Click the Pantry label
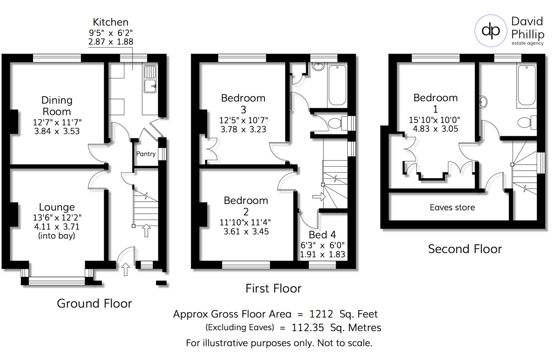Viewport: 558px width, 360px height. (x=146, y=154)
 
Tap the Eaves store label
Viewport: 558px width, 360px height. (x=452, y=208)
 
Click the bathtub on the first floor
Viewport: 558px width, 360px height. (x=337, y=85)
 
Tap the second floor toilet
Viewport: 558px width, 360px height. (x=526, y=122)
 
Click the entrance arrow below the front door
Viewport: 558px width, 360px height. (x=125, y=269)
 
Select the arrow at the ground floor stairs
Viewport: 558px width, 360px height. (x=146, y=230)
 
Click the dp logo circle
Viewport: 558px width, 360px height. (x=491, y=31)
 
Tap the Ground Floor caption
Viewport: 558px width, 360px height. (x=94, y=304)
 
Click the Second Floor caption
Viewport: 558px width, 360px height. (x=465, y=249)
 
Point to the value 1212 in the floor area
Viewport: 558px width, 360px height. (x=321, y=314)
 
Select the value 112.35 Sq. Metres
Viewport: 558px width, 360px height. (x=336, y=328)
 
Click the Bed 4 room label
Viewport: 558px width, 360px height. (x=322, y=235)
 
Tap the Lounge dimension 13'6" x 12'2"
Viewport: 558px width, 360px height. (x=57, y=218)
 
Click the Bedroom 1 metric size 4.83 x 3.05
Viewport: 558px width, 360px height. (x=435, y=129)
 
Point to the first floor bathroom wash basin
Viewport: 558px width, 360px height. (x=318, y=66)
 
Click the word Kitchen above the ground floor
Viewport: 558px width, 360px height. (x=111, y=22)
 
